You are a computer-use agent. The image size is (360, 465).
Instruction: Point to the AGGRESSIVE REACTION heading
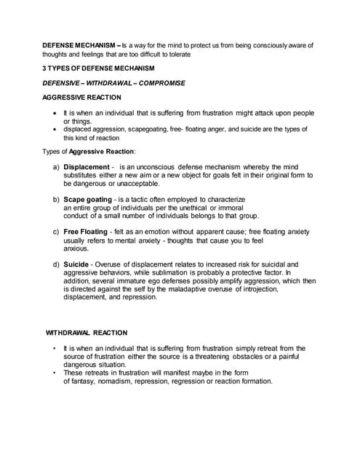pyautogui.click(x=81, y=97)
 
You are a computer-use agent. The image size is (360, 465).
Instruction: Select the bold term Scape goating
pyautogui.click(x=88, y=199)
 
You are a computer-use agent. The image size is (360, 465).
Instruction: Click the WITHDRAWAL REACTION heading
pyautogui.click(x=87, y=333)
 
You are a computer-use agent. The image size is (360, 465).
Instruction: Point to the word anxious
pyautogui.click(x=76, y=248)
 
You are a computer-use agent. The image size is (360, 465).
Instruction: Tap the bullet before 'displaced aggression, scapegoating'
pyautogui.click(x=56, y=129)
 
